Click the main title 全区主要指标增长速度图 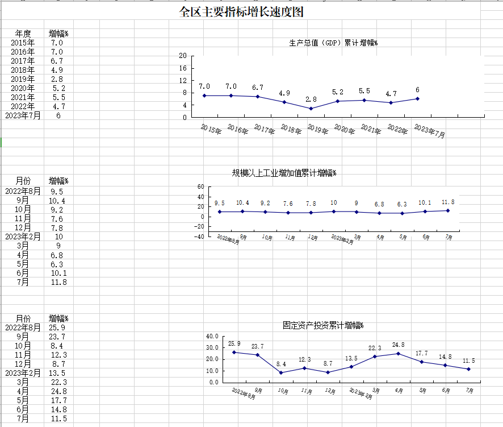coord(245,13)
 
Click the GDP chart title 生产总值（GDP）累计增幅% coord(333,43)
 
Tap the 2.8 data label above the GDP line coord(311,99)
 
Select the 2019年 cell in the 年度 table coord(23,79)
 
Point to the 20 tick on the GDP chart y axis coord(182,56)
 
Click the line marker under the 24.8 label coord(398,354)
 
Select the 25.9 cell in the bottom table coord(57,327)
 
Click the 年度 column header coord(23,34)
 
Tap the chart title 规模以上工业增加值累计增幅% coord(284,173)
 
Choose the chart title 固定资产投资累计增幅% coord(323,326)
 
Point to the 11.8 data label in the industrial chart coord(448,202)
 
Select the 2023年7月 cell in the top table coord(23,115)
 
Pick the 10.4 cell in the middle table coord(57,201)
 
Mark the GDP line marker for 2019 coord(311,109)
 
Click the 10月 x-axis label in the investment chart coord(283,391)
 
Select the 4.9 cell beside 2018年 coord(57,70)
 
